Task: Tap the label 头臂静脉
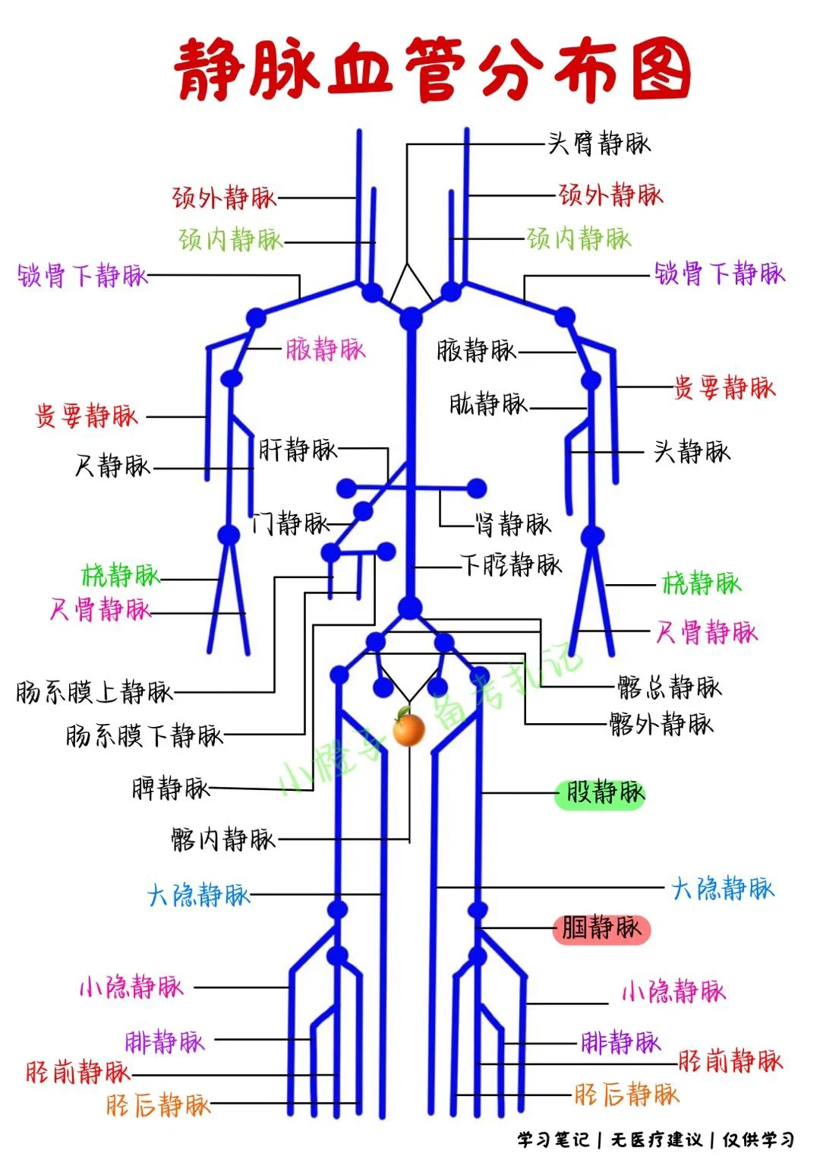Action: point(599,143)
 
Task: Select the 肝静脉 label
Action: point(298,449)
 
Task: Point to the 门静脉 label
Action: point(291,523)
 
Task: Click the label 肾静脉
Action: point(512,523)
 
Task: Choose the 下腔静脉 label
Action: point(512,564)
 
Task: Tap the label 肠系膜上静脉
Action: point(94,691)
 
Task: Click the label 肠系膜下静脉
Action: point(144,735)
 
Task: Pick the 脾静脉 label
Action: point(170,788)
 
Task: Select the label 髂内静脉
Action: point(222,839)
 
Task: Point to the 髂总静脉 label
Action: point(669,687)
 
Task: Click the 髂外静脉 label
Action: point(661,723)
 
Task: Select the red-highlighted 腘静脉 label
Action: point(601,928)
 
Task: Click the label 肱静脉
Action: point(488,403)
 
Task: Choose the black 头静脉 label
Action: point(692,451)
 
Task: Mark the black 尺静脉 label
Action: point(112,465)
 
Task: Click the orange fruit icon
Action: point(409,729)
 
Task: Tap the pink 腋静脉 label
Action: point(326,349)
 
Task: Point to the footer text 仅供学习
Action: point(758,1139)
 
